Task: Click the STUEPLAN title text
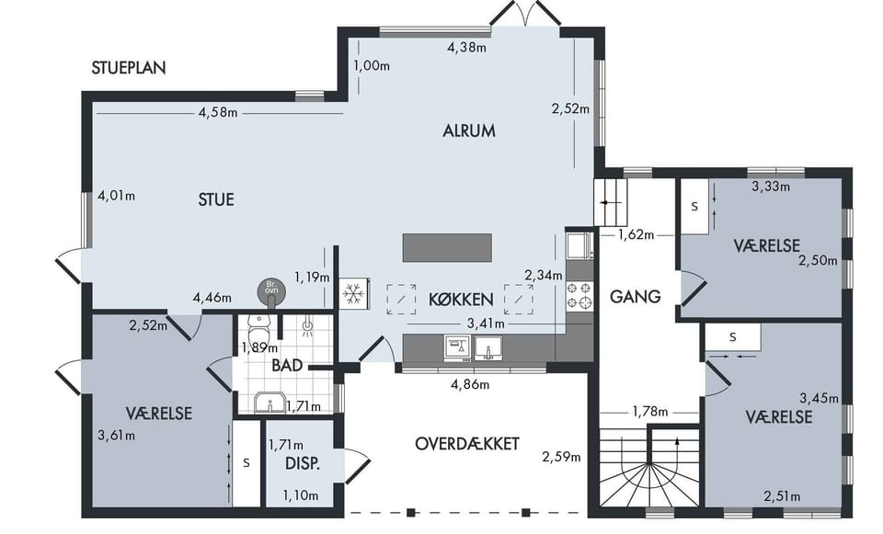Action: tap(129, 67)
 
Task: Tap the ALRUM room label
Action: tap(469, 131)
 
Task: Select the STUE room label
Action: tap(216, 199)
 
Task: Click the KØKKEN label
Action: tap(461, 300)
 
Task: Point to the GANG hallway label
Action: tap(636, 297)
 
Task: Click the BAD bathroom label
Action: tap(287, 366)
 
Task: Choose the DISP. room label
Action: tap(303, 463)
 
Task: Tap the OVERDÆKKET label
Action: tap(467, 443)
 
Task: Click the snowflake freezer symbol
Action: tap(353, 294)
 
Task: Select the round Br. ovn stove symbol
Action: tap(271, 290)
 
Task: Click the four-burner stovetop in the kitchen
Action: tap(579, 296)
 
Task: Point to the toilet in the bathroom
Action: tap(259, 326)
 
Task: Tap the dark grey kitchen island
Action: tap(447, 247)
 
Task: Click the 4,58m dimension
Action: tap(218, 112)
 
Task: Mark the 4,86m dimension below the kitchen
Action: tap(470, 385)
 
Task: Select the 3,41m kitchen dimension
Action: tap(486, 324)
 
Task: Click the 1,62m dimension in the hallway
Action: tap(636, 234)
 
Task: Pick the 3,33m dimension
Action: tap(771, 186)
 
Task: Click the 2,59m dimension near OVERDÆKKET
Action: tap(561, 457)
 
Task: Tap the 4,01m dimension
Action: tap(117, 196)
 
